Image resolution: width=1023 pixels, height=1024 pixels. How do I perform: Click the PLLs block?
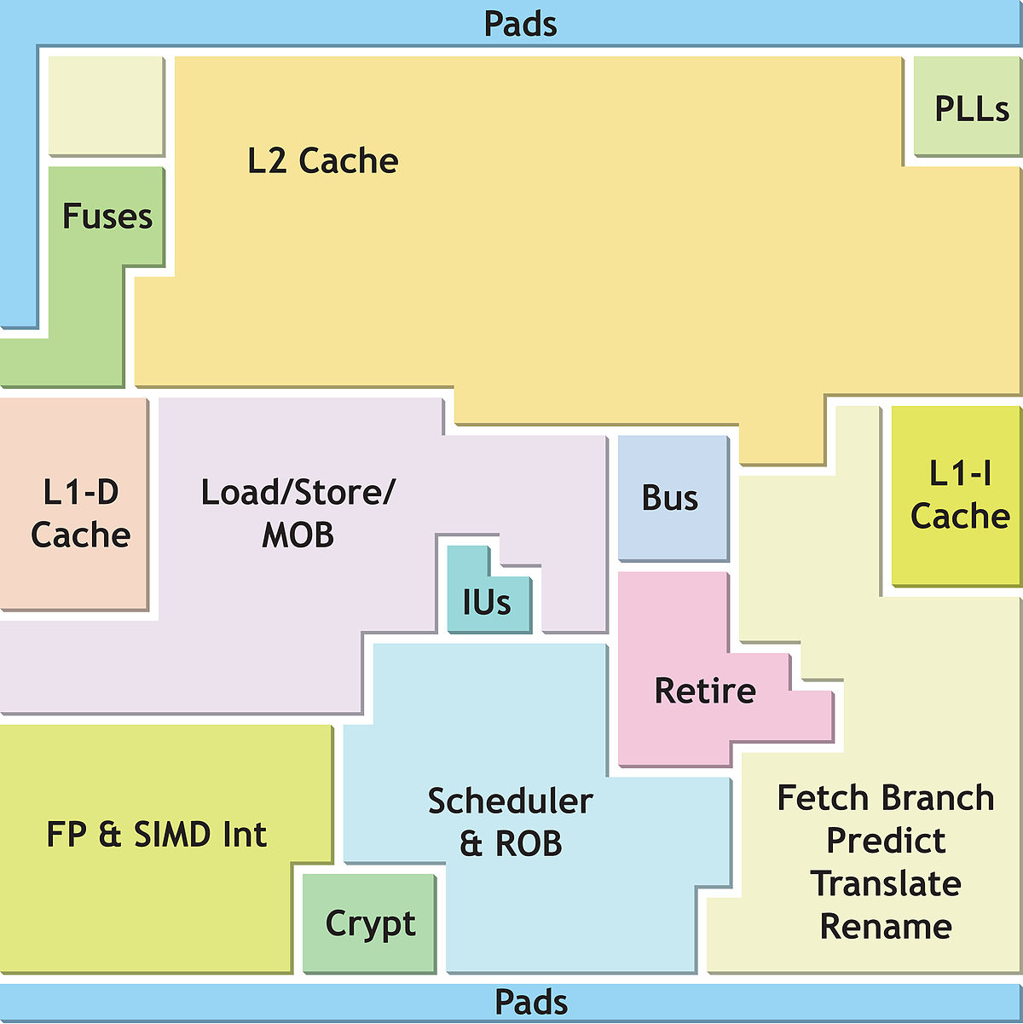coord(966,107)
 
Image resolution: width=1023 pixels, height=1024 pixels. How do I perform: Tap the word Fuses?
coord(107,217)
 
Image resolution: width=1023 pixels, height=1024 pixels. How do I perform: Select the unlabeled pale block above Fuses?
coord(106,106)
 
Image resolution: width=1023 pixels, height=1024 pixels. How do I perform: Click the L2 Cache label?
coord(323,160)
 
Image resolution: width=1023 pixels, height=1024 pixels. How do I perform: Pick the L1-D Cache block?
coord(73,504)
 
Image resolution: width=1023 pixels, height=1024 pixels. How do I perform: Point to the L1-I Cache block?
coord(956,495)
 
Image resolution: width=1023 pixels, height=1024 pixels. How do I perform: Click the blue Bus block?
coord(673,497)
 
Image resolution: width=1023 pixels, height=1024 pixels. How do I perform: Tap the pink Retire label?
coord(705,691)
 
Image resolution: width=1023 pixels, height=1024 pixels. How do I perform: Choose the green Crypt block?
coord(369,923)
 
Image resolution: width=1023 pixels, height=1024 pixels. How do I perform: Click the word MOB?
coord(298,535)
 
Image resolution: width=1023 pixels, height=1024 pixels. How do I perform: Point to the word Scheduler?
coord(510,801)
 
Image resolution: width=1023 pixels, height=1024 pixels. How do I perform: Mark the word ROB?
coord(529,843)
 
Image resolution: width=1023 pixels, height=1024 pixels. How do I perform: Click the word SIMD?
coord(173,834)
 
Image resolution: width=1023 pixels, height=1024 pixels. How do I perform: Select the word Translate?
coord(886,883)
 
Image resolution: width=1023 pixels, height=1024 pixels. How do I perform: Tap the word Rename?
coord(886,927)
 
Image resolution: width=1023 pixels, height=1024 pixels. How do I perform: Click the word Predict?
coord(886,841)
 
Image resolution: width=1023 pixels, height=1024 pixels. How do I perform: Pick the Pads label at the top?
coord(521,24)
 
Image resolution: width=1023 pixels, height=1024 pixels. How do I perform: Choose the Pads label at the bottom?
coord(531,1003)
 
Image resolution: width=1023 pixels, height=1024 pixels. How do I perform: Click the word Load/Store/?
coord(298,493)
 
